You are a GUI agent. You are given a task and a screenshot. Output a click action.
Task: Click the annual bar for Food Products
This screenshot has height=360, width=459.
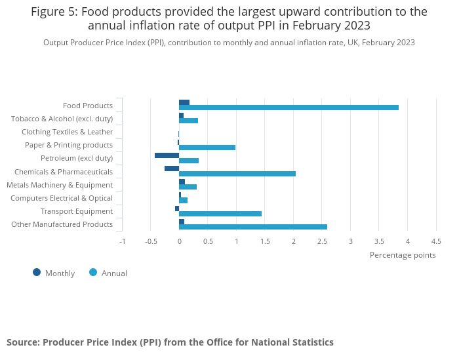289,108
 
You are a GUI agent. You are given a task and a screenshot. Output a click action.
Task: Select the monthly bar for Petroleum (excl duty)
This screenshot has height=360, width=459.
167,155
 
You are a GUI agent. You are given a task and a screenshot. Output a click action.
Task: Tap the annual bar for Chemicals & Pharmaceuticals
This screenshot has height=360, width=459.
237,174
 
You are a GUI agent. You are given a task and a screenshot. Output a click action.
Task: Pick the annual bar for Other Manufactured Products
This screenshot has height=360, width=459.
253,227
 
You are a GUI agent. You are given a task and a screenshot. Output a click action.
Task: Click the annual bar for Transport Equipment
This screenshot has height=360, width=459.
220,214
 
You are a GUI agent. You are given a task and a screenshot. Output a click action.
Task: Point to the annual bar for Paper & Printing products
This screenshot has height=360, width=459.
207,148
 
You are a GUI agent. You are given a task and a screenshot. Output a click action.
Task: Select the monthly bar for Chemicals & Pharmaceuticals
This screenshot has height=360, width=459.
172,169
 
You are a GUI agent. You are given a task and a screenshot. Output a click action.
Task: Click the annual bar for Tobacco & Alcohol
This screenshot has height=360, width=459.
189,121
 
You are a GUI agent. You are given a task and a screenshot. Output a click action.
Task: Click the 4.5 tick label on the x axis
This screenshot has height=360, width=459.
436,241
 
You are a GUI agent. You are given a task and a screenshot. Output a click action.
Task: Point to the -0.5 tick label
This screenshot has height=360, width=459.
151,241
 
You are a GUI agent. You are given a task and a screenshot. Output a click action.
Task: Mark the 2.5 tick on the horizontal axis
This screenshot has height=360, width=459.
322,241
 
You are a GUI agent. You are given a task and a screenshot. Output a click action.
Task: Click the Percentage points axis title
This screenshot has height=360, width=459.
403,255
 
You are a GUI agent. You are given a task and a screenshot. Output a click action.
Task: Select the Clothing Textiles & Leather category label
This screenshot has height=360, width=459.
67,132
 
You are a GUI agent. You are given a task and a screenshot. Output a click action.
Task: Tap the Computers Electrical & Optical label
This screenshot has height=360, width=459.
62,198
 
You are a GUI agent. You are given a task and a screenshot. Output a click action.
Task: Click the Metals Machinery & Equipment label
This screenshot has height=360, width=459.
60,185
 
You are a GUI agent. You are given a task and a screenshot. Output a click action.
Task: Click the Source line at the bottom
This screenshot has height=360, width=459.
170,342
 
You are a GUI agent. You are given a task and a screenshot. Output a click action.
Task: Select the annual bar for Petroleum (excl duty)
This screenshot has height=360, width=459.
189,161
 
